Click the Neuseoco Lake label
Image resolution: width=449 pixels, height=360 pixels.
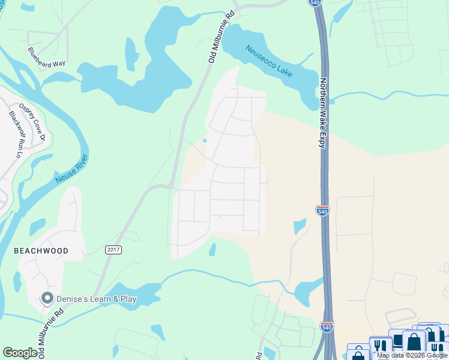(269, 61)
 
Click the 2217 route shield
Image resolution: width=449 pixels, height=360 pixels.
(113, 250)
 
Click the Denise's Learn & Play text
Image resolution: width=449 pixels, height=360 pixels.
(97, 299)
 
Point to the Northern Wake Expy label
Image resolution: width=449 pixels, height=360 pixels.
(324, 113)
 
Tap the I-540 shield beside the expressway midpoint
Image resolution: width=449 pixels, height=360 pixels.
(322, 210)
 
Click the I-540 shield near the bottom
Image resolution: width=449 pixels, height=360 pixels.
(327, 328)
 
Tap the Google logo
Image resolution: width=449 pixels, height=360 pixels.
(20, 353)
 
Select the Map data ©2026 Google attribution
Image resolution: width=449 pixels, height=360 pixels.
(411, 355)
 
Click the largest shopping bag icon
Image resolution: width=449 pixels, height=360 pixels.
(414, 343)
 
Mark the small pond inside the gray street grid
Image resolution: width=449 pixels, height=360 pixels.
(205, 141)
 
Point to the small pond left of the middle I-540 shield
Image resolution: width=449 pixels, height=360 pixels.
(300, 227)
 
